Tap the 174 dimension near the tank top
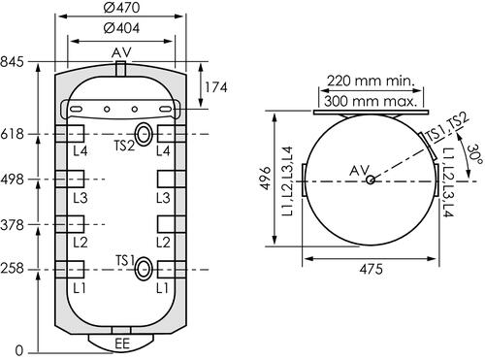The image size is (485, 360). pyautogui.click(x=216, y=88)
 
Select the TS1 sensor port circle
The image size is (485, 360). pyautogui.click(x=143, y=269)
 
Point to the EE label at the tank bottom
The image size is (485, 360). pyautogui.click(x=122, y=344)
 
